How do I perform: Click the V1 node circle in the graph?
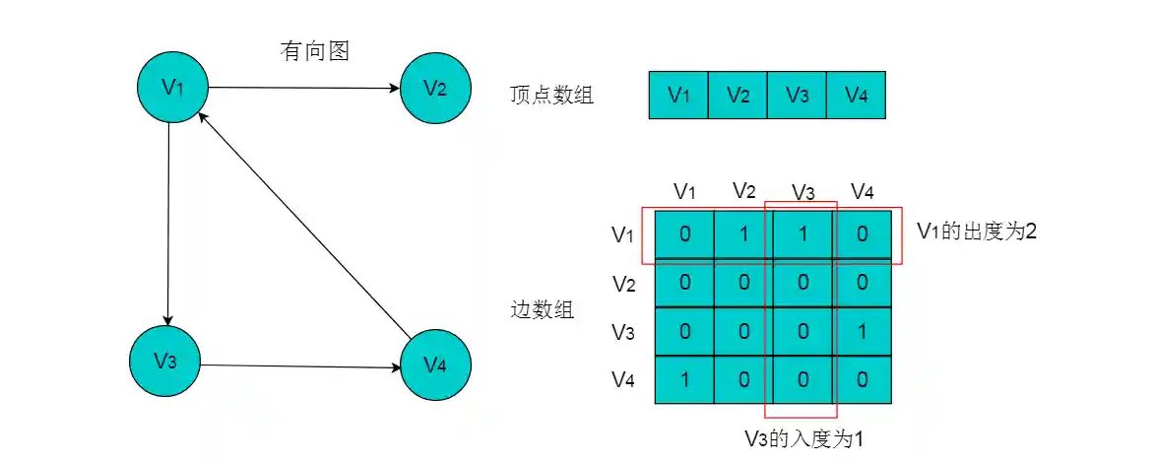172,87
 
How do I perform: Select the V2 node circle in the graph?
435,88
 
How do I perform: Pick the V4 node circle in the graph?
435,365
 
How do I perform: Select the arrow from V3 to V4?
300,365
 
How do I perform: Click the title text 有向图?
315,51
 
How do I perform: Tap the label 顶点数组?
551,96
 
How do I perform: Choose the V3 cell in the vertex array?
797,96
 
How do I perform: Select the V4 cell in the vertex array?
856,96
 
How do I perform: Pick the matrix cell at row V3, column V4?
862,332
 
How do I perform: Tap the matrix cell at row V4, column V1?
684,380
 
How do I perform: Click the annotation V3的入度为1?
803,439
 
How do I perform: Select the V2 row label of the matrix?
623,285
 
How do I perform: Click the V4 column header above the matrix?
862,191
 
